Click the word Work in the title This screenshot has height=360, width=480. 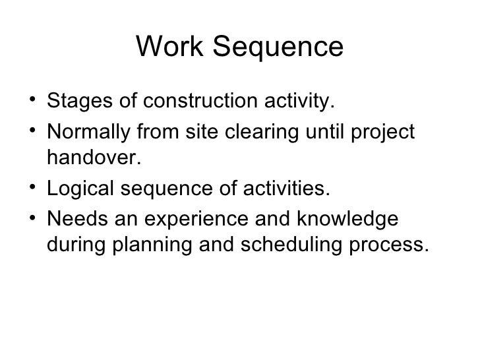(165, 47)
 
